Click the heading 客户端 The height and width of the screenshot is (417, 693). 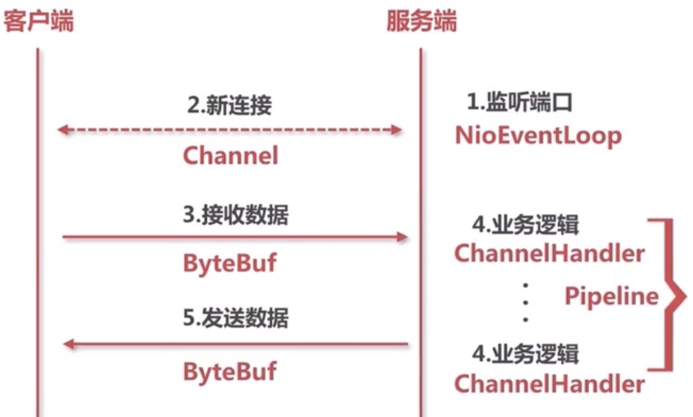pyautogui.click(x=39, y=21)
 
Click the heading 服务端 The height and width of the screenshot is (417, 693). pyautogui.click(x=421, y=21)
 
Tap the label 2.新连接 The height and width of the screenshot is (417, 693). pyautogui.click(x=229, y=105)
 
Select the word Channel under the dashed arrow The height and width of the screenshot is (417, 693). pyautogui.click(x=231, y=155)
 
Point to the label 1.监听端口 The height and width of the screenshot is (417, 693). pyautogui.click(x=519, y=102)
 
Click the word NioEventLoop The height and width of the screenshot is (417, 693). pyautogui.click(x=538, y=136)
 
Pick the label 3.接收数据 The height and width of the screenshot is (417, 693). pyautogui.click(x=235, y=215)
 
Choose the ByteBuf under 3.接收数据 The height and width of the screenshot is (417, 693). pyautogui.click(x=230, y=264)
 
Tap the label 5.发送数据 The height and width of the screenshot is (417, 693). pyautogui.click(x=235, y=318)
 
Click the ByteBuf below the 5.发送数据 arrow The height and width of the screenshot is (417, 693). pyautogui.click(x=230, y=372)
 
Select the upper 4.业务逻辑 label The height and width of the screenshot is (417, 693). pyautogui.click(x=525, y=224)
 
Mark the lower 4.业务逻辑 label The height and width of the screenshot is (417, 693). pyautogui.click(x=525, y=353)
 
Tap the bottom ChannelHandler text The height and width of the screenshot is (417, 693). pyautogui.click(x=550, y=384)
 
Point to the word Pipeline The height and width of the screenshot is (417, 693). pyautogui.click(x=612, y=296)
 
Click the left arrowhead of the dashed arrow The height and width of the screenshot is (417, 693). pyautogui.click(x=63, y=130)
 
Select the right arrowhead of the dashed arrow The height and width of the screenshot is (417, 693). pyautogui.click(x=396, y=130)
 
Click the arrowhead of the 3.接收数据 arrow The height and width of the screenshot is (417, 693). pyautogui.click(x=402, y=237)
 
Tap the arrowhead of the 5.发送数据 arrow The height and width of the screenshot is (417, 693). pyautogui.click(x=69, y=344)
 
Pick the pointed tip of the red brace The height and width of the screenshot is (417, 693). pyautogui.click(x=686, y=297)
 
